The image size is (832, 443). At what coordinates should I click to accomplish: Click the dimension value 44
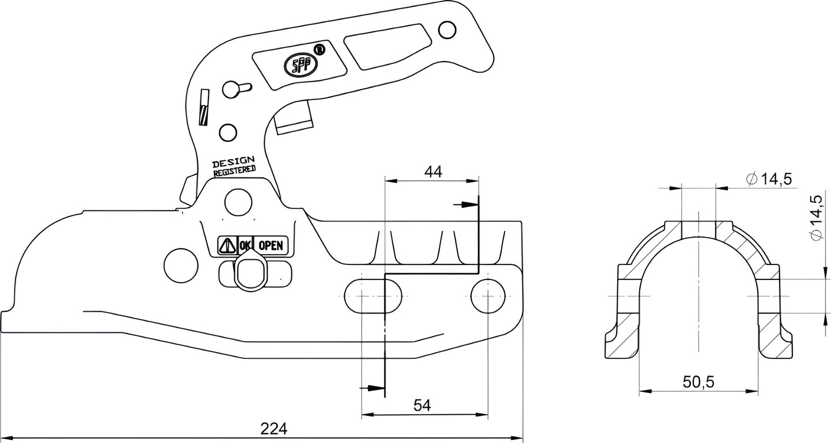(x=432, y=171)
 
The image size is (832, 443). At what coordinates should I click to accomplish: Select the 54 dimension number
(x=423, y=405)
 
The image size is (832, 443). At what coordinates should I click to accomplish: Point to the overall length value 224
(x=273, y=429)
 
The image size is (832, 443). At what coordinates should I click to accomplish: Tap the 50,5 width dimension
(x=698, y=382)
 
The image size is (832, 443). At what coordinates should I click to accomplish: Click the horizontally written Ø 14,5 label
(x=769, y=179)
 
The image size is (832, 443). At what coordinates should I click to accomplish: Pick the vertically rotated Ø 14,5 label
(x=816, y=218)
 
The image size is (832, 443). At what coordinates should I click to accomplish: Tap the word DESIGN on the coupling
(x=233, y=163)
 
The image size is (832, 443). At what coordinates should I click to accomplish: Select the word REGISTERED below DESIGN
(x=234, y=171)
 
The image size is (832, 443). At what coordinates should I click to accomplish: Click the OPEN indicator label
(x=271, y=245)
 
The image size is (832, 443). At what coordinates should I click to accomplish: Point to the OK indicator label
(x=245, y=245)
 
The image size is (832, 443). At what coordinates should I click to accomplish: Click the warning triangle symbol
(x=226, y=246)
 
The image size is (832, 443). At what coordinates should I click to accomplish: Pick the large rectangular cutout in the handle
(x=387, y=46)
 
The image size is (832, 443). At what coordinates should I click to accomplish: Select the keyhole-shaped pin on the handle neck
(x=234, y=89)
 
